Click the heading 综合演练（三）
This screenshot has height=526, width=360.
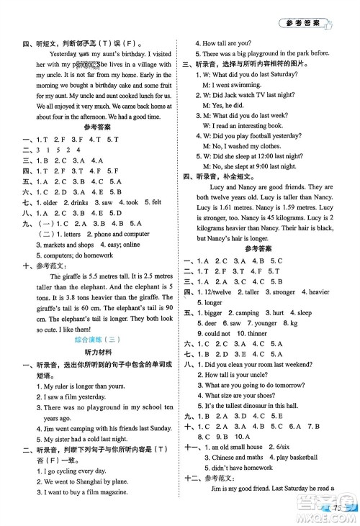tap(92, 338)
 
